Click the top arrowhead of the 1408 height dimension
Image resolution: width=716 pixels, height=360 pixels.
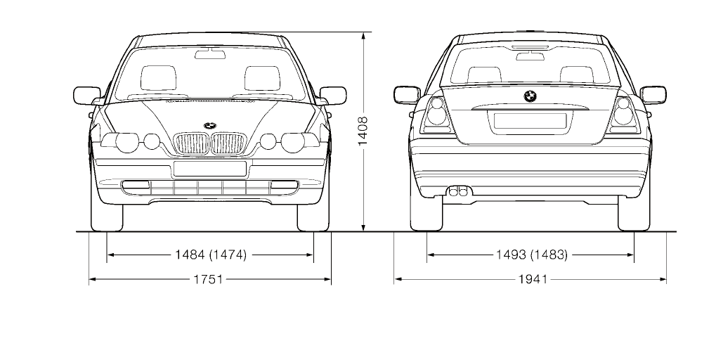coord(363,33)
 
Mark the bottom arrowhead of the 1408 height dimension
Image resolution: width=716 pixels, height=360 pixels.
coord(363,231)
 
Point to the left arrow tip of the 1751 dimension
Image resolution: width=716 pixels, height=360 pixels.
coord(89,278)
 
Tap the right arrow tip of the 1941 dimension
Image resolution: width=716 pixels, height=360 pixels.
coord(666,278)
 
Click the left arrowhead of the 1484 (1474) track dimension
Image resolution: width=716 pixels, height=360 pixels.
coord(108,255)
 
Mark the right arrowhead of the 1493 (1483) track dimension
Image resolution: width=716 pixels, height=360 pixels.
coord(633,255)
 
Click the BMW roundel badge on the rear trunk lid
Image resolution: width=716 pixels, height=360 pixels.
coord(531,96)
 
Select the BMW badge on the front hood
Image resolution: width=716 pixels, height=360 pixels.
coord(210,126)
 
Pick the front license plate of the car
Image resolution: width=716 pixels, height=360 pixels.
coord(210,169)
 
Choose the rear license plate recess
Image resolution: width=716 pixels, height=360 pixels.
coord(531,121)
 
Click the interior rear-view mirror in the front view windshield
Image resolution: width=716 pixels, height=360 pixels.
coord(211,55)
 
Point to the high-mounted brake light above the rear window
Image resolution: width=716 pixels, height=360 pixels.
coord(531,47)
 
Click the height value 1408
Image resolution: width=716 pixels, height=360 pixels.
coord(363,131)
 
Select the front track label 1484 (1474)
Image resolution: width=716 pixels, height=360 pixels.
coord(211,255)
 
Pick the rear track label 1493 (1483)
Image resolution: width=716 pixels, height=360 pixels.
coord(532,255)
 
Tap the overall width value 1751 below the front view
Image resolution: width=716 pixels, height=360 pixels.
coord(208,279)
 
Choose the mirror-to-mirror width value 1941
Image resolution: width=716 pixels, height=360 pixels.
coord(533,279)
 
